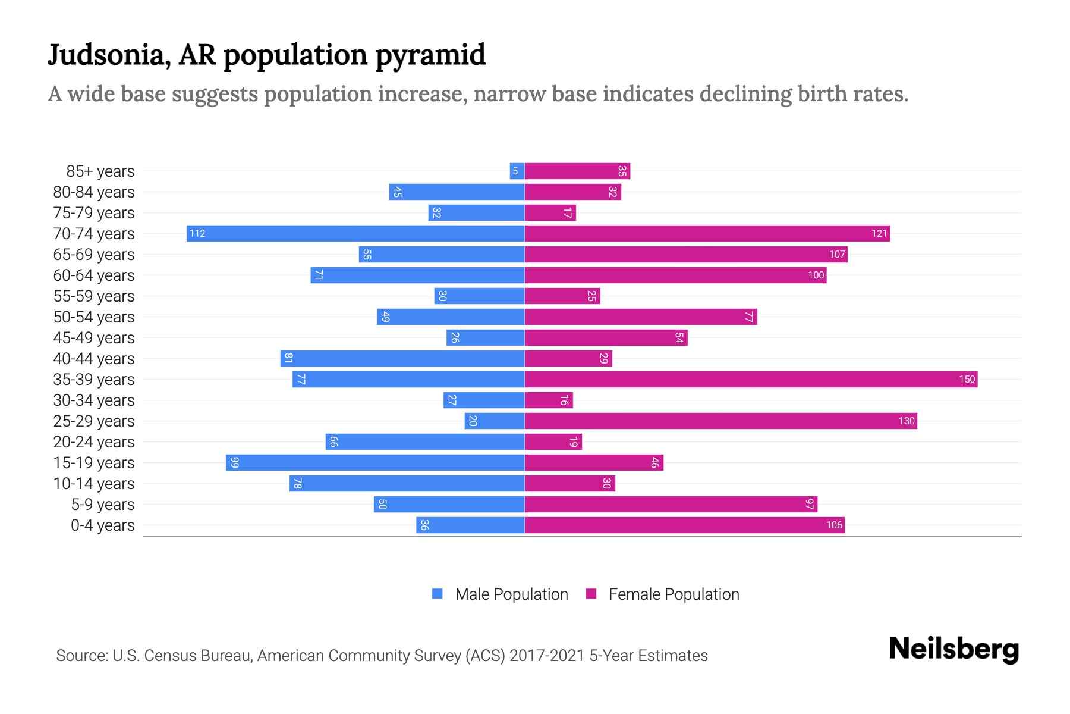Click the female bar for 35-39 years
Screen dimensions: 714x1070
pos(751,379)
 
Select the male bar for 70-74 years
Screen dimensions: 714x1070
pos(355,233)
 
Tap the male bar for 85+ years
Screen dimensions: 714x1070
pos(517,171)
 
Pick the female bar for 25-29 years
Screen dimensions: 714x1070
pos(720,421)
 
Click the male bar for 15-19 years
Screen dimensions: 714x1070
pos(375,462)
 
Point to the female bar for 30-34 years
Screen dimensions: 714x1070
pos(549,400)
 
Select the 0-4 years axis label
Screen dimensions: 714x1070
pos(102,525)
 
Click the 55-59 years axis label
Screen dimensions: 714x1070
pos(94,296)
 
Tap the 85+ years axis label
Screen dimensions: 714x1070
pos(100,171)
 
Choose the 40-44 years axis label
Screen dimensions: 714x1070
pos(94,359)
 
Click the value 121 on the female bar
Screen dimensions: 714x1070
pos(879,233)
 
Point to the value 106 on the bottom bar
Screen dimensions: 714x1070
pos(834,525)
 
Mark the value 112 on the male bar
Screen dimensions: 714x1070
pos(197,233)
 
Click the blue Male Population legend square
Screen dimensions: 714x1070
pos(438,594)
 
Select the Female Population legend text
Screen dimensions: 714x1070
pos(674,594)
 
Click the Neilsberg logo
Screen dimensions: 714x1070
pos(953,649)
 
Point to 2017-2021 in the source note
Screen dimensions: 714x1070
pos(547,656)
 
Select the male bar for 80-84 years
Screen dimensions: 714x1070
pos(457,192)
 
